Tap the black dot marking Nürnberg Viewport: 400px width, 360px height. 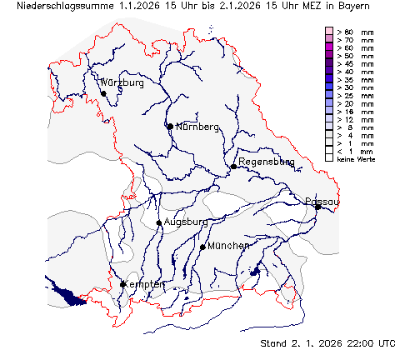(170, 127)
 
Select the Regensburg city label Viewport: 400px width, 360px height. (266, 162)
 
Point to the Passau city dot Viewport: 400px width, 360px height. (317, 207)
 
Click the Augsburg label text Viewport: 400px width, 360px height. (186, 222)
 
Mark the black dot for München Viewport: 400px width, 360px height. (202, 247)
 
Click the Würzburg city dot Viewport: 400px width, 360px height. (103, 93)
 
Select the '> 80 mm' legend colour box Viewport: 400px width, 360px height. (329, 31)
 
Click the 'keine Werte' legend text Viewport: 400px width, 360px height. (353, 157)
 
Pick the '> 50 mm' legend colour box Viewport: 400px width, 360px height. (329, 55)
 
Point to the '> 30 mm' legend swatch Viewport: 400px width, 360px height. (329, 87)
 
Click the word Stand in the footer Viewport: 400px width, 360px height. (275, 342)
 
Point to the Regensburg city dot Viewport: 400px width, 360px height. (234, 167)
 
